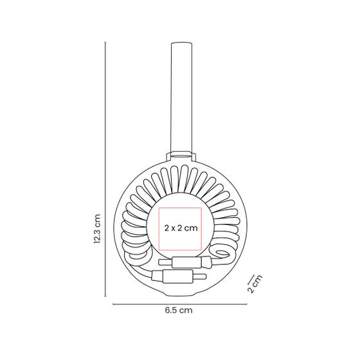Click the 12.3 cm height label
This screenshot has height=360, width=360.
tap(97, 229)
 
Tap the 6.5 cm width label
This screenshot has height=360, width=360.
tap(179, 310)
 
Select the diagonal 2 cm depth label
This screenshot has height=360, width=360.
tap(255, 283)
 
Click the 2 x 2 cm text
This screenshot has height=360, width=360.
tap(181, 228)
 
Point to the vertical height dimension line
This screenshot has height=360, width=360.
tap(105, 170)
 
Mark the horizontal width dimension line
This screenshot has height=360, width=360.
tap(180, 305)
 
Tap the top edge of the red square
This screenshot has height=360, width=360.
tap(180, 208)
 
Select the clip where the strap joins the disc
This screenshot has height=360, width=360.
tap(181, 156)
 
